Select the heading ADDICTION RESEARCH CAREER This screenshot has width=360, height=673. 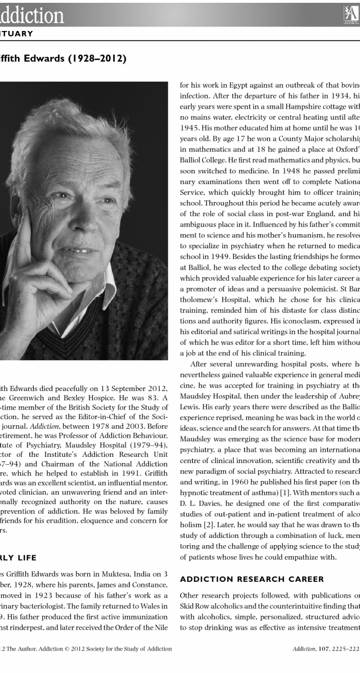[251, 578]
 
